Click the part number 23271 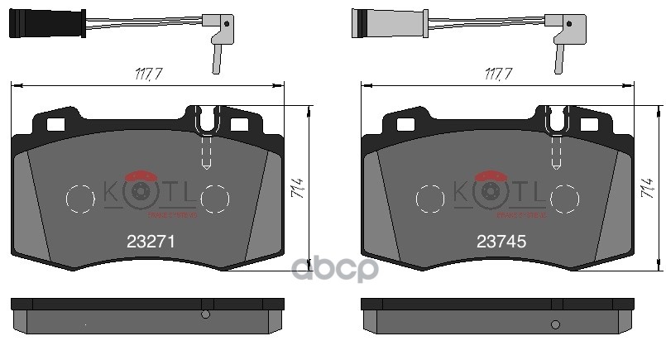(x=149, y=242)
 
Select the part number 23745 (x=501, y=242)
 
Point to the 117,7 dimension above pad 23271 (x=148, y=74)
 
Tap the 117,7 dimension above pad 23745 (x=499, y=74)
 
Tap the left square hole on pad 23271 (x=56, y=126)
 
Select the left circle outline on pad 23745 (x=430, y=199)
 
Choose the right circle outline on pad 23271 (x=215, y=199)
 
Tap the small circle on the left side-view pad (x=206, y=314)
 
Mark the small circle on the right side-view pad (x=556, y=314)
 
